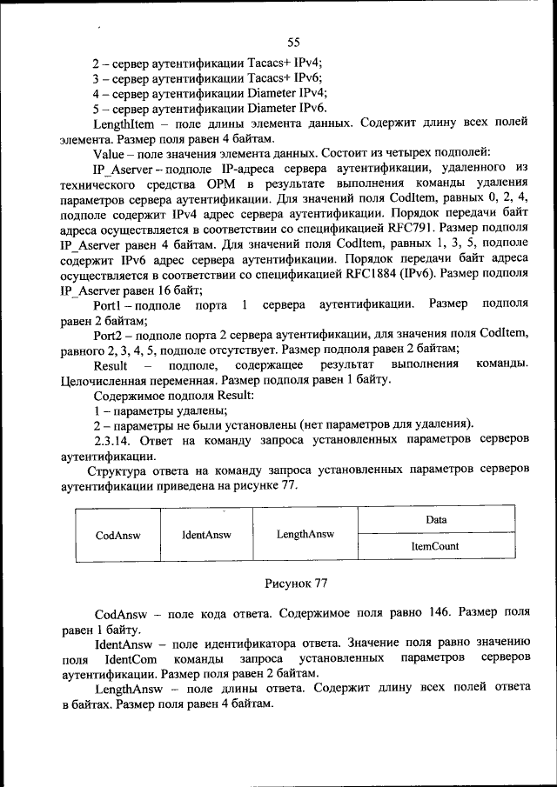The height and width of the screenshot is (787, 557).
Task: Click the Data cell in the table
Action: coord(435,520)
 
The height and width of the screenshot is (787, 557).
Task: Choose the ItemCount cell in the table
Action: coord(435,547)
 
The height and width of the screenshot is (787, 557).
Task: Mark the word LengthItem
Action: coord(124,123)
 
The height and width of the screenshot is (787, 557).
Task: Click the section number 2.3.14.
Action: coord(117,439)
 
